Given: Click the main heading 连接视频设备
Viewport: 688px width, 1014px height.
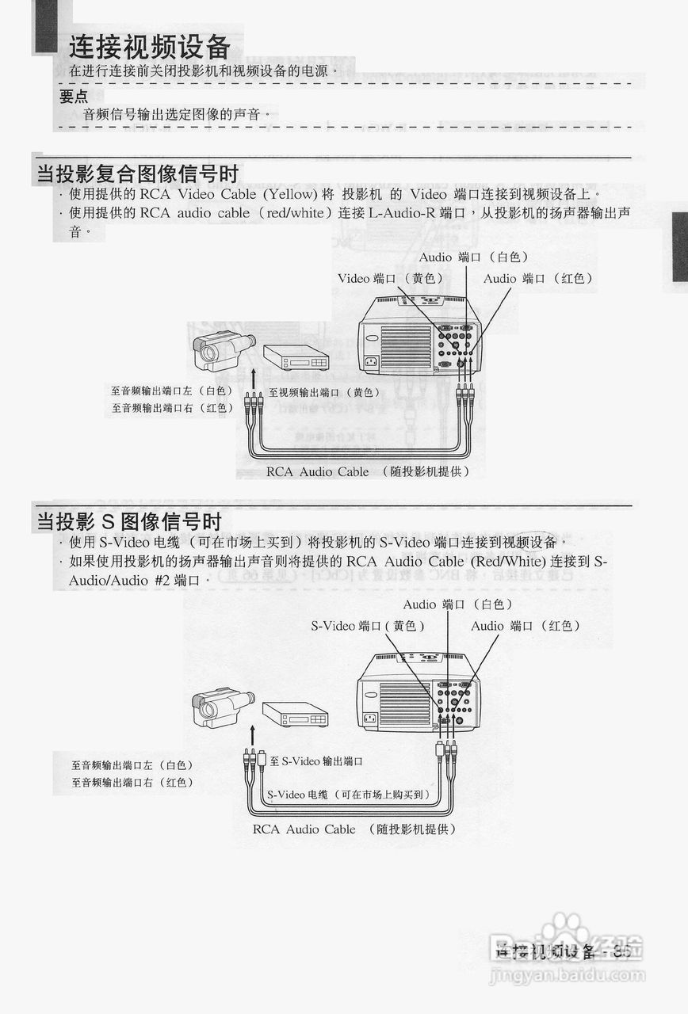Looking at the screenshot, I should tap(149, 48).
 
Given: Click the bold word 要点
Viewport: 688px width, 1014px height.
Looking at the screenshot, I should tap(74, 97).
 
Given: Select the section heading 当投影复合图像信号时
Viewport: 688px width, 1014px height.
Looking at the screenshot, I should tap(138, 173).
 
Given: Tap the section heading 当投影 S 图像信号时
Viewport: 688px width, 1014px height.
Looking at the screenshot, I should tap(129, 521).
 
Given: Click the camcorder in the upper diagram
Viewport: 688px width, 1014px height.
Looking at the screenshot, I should tap(223, 350).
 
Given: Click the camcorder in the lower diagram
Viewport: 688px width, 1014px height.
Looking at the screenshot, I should tap(222, 707).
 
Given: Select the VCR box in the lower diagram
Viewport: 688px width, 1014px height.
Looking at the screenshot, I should tap(295, 715).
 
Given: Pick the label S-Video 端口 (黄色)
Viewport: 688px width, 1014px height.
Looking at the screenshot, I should tap(368, 626).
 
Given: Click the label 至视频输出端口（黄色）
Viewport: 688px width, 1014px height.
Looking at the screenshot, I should tap(324, 392).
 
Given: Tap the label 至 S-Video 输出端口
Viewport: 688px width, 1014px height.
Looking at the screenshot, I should tap(316, 761).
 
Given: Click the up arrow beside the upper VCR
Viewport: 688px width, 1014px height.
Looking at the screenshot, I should tap(254, 375).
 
